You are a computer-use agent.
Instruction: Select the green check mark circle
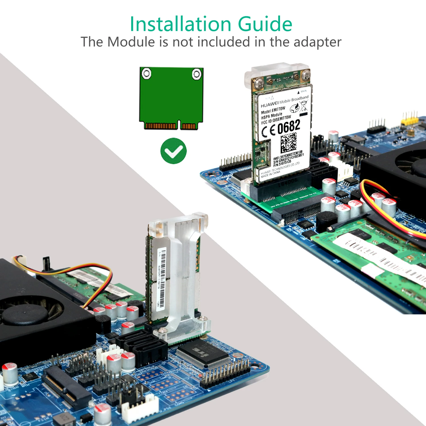[174, 151]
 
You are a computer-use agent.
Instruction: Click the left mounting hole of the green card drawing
[147, 74]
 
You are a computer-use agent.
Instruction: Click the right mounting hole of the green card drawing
[197, 74]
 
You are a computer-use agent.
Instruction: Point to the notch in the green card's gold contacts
[179, 125]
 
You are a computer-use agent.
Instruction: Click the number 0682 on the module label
[289, 127]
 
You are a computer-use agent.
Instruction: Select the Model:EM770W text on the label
[273, 110]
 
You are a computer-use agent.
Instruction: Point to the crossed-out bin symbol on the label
[304, 106]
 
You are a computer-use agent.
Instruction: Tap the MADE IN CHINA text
[270, 174]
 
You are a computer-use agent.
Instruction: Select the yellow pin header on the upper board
[409, 119]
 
